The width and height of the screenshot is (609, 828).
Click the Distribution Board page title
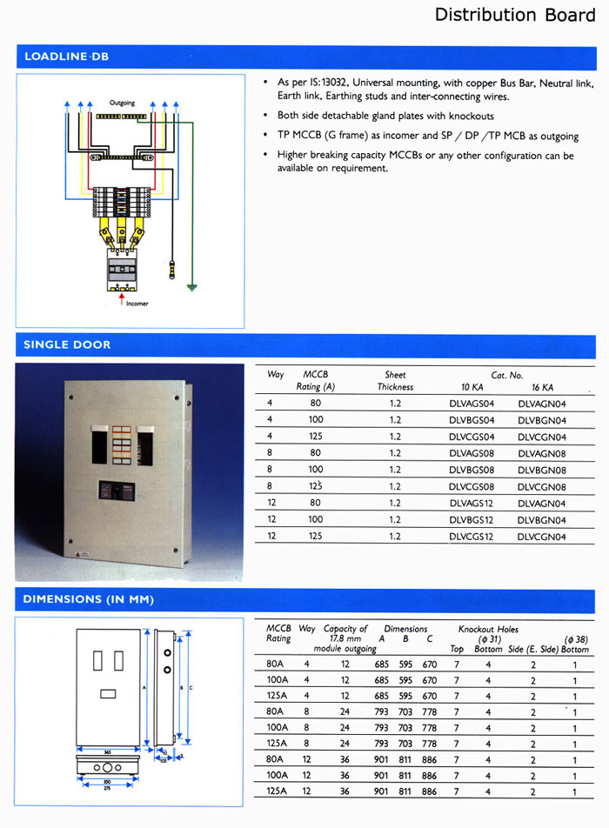click(497, 15)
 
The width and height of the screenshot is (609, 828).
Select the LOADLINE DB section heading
click(66, 57)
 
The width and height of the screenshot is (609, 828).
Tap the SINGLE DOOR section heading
click(67, 344)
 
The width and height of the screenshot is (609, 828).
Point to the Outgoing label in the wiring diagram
click(122, 103)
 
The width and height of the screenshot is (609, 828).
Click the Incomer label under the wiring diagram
click(137, 304)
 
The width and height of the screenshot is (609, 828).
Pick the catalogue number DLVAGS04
click(472, 404)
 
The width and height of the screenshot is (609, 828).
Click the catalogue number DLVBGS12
click(472, 520)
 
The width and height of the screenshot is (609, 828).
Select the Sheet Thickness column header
click(395, 381)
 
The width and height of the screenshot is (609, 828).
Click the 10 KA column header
click(472, 387)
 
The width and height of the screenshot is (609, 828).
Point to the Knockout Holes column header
click(488, 628)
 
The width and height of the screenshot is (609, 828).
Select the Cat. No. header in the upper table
click(506, 375)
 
